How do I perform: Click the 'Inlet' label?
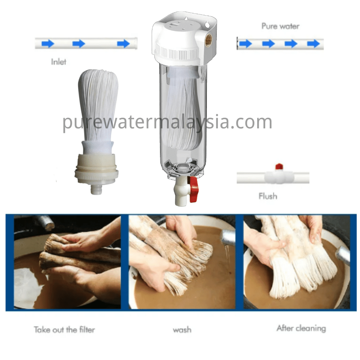click(x=59, y=62)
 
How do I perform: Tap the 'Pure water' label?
click(x=280, y=26)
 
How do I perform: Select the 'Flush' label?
click(x=268, y=196)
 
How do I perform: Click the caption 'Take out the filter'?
click(x=64, y=330)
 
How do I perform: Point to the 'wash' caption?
click(x=182, y=330)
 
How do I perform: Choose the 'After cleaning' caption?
click(x=301, y=328)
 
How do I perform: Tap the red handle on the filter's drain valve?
click(x=193, y=190)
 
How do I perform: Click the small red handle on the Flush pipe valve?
click(x=279, y=166)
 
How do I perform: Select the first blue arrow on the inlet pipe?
click(x=48, y=43)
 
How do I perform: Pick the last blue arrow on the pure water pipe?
click(x=314, y=44)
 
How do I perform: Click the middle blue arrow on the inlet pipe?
click(x=78, y=43)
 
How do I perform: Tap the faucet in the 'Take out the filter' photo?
click(x=46, y=222)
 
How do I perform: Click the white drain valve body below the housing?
click(x=181, y=191)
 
